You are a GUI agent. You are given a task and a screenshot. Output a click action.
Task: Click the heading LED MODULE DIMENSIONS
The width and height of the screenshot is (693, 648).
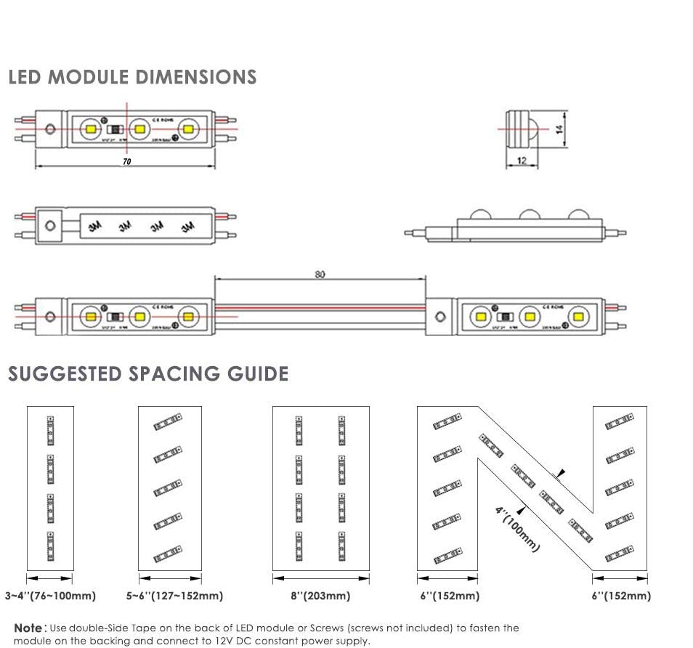click(132, 77)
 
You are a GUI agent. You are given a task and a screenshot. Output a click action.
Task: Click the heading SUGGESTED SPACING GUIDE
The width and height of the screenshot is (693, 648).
click(148, 374)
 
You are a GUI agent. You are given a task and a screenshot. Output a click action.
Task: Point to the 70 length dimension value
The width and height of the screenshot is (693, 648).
click(126, 161)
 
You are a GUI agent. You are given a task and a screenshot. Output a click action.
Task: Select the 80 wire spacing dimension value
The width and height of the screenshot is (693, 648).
click(320, 275)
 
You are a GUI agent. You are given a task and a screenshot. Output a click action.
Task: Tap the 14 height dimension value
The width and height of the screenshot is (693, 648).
click(558, 129)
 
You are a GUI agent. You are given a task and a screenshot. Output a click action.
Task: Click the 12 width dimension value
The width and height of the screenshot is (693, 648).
click(522, 161)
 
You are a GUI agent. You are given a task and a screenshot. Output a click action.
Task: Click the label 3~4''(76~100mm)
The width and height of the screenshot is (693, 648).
click(50, 596)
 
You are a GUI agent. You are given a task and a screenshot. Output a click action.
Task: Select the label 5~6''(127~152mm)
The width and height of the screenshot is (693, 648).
click(174, 596)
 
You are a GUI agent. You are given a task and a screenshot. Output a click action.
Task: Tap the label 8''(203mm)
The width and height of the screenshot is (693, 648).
click(320, 596)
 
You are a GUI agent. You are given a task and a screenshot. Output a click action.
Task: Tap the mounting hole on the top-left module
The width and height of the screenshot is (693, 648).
click(50, 129)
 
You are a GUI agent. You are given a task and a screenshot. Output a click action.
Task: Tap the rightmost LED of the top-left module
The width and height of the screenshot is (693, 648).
click(188, 129)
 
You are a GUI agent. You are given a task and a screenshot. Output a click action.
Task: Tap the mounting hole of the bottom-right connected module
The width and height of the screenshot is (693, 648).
click(440, 317)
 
